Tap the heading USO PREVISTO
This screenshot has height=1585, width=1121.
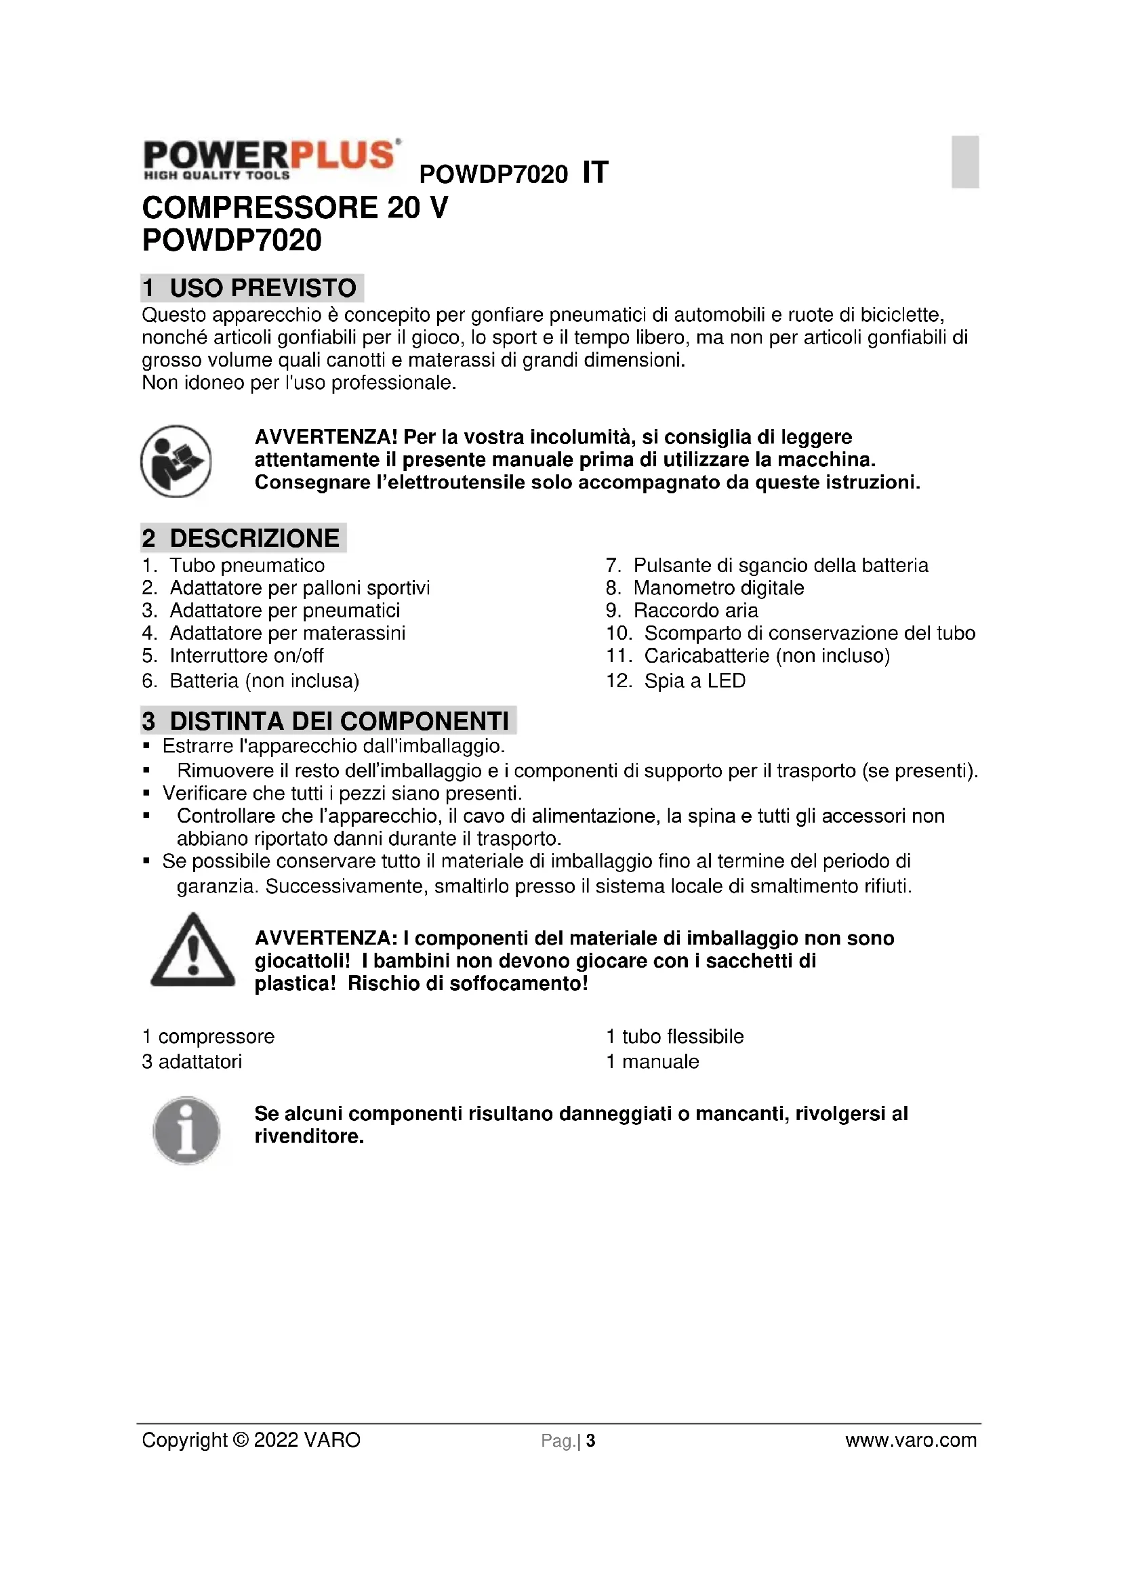[x=252, y=288]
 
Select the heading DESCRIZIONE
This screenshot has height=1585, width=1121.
[x=243, y=539]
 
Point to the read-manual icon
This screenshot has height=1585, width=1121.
[x=176, y=461]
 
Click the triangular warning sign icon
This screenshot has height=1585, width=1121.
[x=192, y=951]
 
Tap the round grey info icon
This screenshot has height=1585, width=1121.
[x=186, y=1130]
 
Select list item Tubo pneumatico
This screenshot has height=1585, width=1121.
[x=247, y=565]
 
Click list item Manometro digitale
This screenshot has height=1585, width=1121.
[x=718, y=588]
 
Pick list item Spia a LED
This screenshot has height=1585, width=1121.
[x=695, y=680]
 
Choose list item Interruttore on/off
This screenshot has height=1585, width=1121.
[x=247, y=656]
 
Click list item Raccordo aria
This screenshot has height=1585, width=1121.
[x=695, y=611]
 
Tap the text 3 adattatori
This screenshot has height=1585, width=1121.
[x=192, y=1062]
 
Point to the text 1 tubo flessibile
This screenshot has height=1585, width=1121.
[x=674, y=1037]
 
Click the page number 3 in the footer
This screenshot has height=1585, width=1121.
[x=591, y=1441]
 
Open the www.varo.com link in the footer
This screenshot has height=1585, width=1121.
[x=910, y=1440]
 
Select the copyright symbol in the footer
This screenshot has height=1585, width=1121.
[x=240, y=1441]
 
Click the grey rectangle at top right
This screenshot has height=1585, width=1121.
[x=965, y=162]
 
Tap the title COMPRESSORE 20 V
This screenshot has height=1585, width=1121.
[x=295, y=208]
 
